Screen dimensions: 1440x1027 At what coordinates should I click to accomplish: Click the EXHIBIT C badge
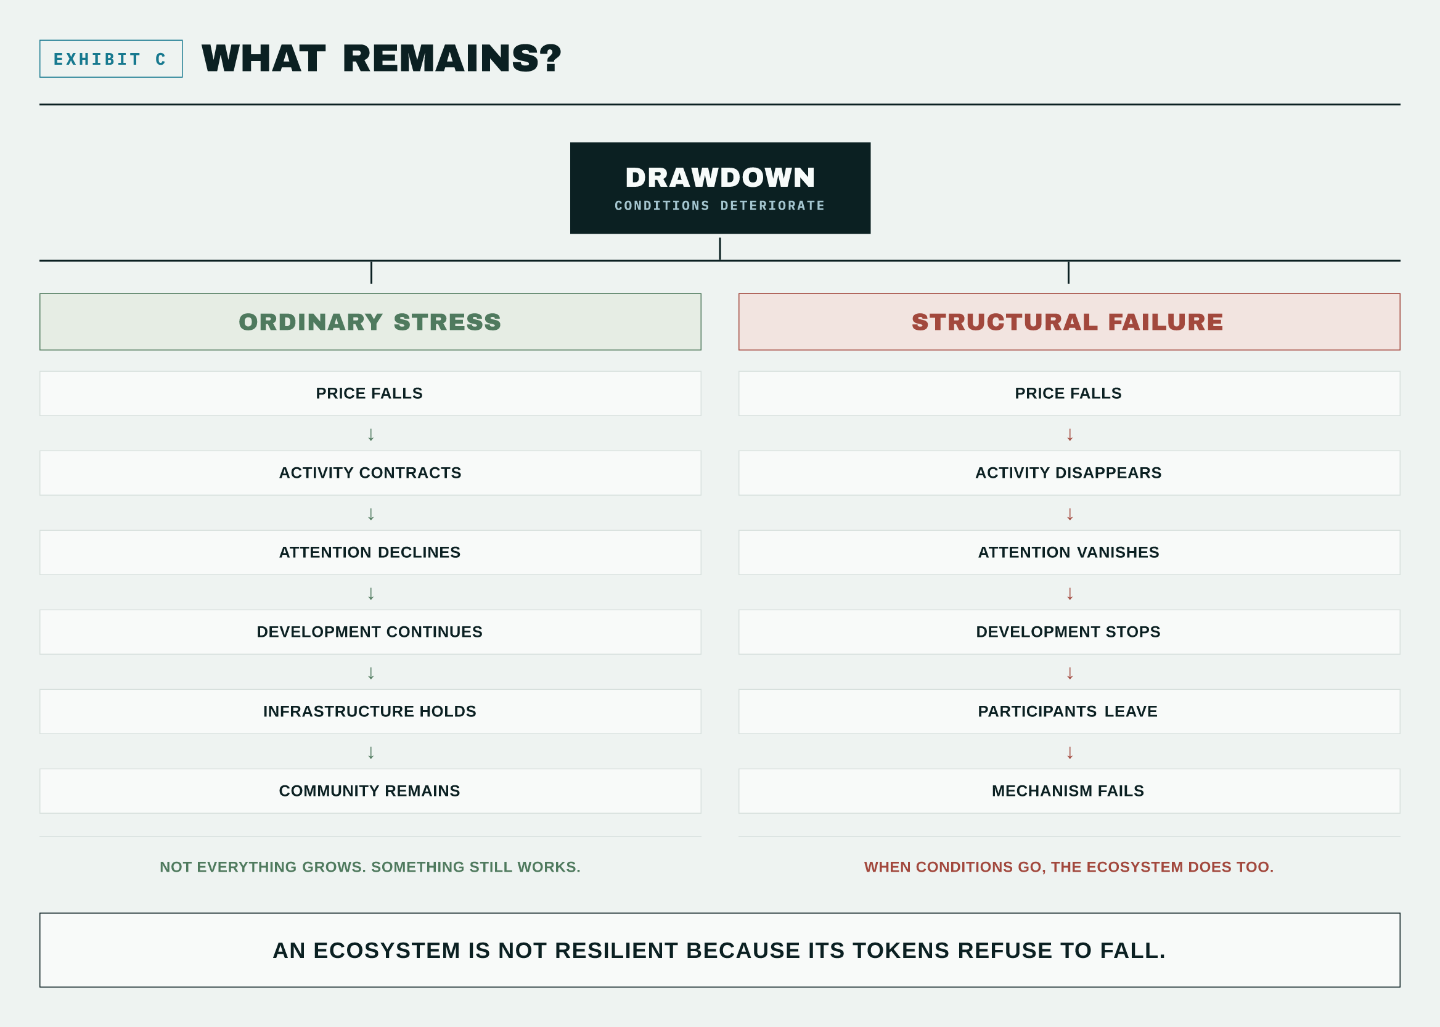click(x=111, y=59)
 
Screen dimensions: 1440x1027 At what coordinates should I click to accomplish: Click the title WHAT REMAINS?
click(x=382, y=58)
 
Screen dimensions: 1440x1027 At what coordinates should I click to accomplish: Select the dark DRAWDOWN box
click(x=719, y=188)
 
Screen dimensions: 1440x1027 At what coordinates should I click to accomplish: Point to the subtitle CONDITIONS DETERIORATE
click(x=719, y=205)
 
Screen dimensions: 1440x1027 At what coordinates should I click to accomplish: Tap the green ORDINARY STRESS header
click(x=370, y=321)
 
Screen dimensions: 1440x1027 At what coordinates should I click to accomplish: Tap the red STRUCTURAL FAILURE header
click(x=1069, y=321)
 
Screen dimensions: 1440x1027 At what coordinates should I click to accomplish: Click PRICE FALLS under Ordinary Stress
click(x=370, y=393)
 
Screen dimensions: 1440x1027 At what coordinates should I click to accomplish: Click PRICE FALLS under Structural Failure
click(x=1069, y=393)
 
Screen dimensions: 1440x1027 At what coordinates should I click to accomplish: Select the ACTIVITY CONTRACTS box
click(x=370, y=473)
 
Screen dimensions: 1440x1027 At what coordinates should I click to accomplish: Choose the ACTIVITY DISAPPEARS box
click(x=1069, y=473)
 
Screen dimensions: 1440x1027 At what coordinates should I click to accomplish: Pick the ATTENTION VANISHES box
click(x=1069, y=552)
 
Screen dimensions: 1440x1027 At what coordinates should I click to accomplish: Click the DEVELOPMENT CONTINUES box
click(x=370, y=632)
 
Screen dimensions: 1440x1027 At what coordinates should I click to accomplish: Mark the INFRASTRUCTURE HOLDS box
click(x=370, y=711)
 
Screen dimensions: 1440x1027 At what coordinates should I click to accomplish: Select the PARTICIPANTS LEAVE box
click(x=1069, y=711)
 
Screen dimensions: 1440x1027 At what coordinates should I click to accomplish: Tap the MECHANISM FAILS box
click(x=1069, y=791)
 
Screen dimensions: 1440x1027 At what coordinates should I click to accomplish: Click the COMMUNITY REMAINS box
click(x=370, y=791)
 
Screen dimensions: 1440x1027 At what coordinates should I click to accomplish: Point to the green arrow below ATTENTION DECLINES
click(x=371, y=593)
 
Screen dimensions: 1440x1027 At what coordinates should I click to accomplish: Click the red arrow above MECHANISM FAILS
click(x=1070, y=753)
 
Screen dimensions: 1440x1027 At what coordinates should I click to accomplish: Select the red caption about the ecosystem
click(x=1069, y=866)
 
